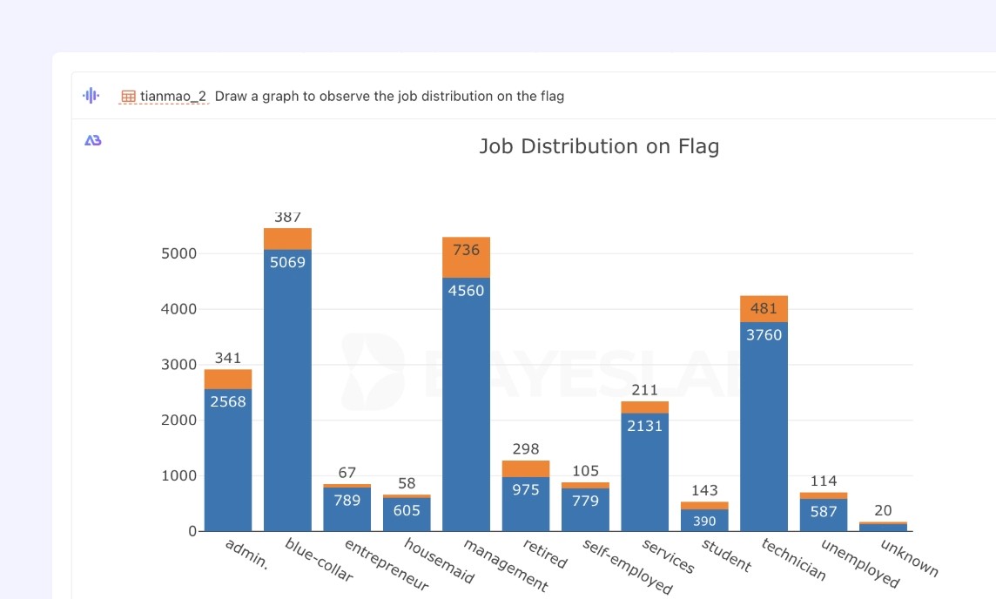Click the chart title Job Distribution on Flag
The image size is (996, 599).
pos(599,146)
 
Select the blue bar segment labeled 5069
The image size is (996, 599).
pos(288,390)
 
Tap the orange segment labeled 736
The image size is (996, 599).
pos(467,257)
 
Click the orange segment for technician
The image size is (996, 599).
pos(764,309)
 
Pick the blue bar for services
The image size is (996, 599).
pos(645,472)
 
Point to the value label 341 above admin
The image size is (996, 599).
pos(228,358)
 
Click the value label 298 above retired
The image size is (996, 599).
pos(526,449)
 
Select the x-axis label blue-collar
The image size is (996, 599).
pos(319,560)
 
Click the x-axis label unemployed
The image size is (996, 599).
pos(860,563)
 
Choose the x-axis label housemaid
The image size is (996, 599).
pos(439,561)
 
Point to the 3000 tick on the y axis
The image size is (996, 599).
pos(179,365)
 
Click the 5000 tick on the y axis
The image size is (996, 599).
pos(179,253)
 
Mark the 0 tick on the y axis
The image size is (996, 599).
pos(192,531)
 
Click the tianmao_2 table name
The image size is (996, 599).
pos(173,96)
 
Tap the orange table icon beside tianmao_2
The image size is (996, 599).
pos(128,97)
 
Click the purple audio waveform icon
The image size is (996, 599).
pos(91,95)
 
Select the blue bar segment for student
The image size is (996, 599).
pos(704,521)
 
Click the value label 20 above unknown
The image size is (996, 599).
pos(883,511)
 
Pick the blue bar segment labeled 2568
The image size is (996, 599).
pos(228,460)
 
